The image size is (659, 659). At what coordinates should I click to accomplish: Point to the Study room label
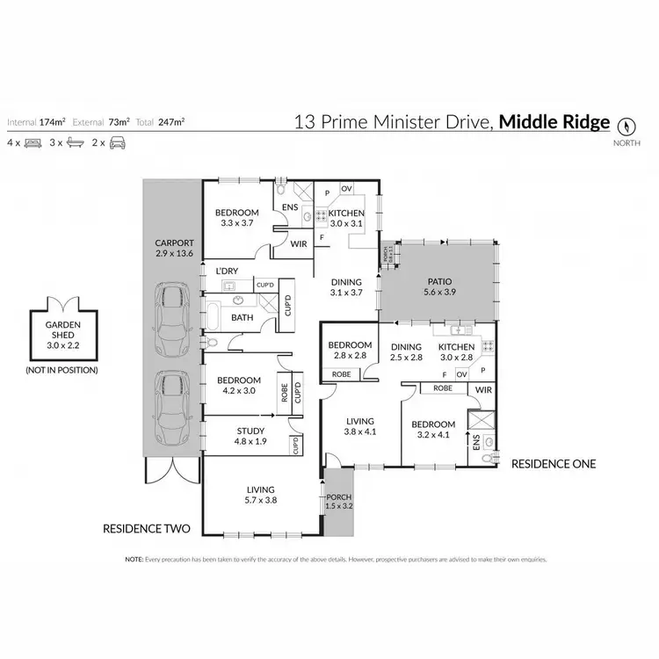[x=250, y=436]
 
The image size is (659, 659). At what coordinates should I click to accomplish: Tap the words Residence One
[x=554, y=463]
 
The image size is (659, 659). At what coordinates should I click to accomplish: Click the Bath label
[x=242, y=317]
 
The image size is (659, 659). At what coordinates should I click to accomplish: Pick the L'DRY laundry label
[x=227, y=272]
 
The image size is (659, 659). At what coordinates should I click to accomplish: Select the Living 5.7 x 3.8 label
[x=259, y=495]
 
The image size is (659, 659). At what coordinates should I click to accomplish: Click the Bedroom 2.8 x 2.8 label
[x=345, y=351]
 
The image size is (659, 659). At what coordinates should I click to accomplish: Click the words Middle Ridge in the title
[x=554, y=122]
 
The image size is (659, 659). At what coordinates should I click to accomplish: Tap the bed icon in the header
[x=33, y=141]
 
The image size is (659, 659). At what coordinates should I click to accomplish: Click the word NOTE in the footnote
[x=134, y=559]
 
